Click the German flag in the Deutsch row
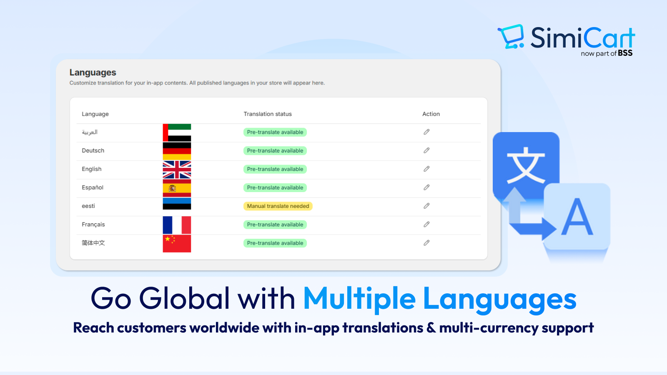tap(177, 151)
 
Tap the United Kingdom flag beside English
tap(177, 170)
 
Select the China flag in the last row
tap(177, 243)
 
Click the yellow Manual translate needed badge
tap(278, 206)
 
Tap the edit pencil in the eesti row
tap(426, 206)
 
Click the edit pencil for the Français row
tap(426, 224)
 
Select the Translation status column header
tap(267, 114)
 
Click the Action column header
tap(431, 114)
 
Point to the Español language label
tap(93, 187)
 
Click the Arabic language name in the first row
tap(90, 132)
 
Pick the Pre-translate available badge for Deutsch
tap(275, 150)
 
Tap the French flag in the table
tap(177, 225)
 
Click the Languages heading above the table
tap(93, 72)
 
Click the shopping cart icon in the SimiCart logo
tap(511, 37)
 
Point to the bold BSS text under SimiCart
tap(625, 53)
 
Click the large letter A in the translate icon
tap(577, 217)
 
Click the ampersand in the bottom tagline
tap(430, 327)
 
